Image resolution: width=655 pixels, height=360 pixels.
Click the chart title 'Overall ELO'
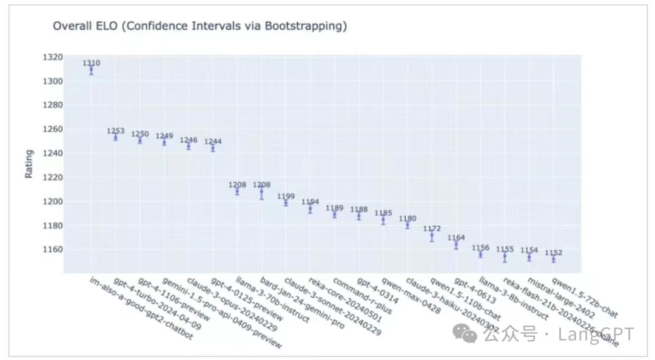click(x=200, y=26)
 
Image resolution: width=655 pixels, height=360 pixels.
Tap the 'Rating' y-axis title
click(x=29, y=164)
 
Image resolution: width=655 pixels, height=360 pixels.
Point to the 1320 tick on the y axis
click(x=53, y=57)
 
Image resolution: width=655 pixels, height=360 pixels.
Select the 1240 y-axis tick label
click(x=53, y=153)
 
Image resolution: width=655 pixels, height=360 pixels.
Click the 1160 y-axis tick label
click(x=53, y=249)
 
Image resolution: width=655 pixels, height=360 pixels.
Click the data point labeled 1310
click(x=91, y=70)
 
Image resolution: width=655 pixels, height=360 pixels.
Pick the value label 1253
click(x=115, y=131)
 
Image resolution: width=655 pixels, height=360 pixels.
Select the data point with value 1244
click(x=212, y=147)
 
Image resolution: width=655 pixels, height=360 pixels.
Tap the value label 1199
click(x=286, y=196)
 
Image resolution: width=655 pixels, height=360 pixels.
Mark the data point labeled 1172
click(x=432, y=236)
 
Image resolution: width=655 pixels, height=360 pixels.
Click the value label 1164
click(x=456, y=238)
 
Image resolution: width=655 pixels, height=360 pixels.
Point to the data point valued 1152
click(x=553, y=259)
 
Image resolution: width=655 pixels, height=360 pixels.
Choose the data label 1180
click(x=407, y=218)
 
